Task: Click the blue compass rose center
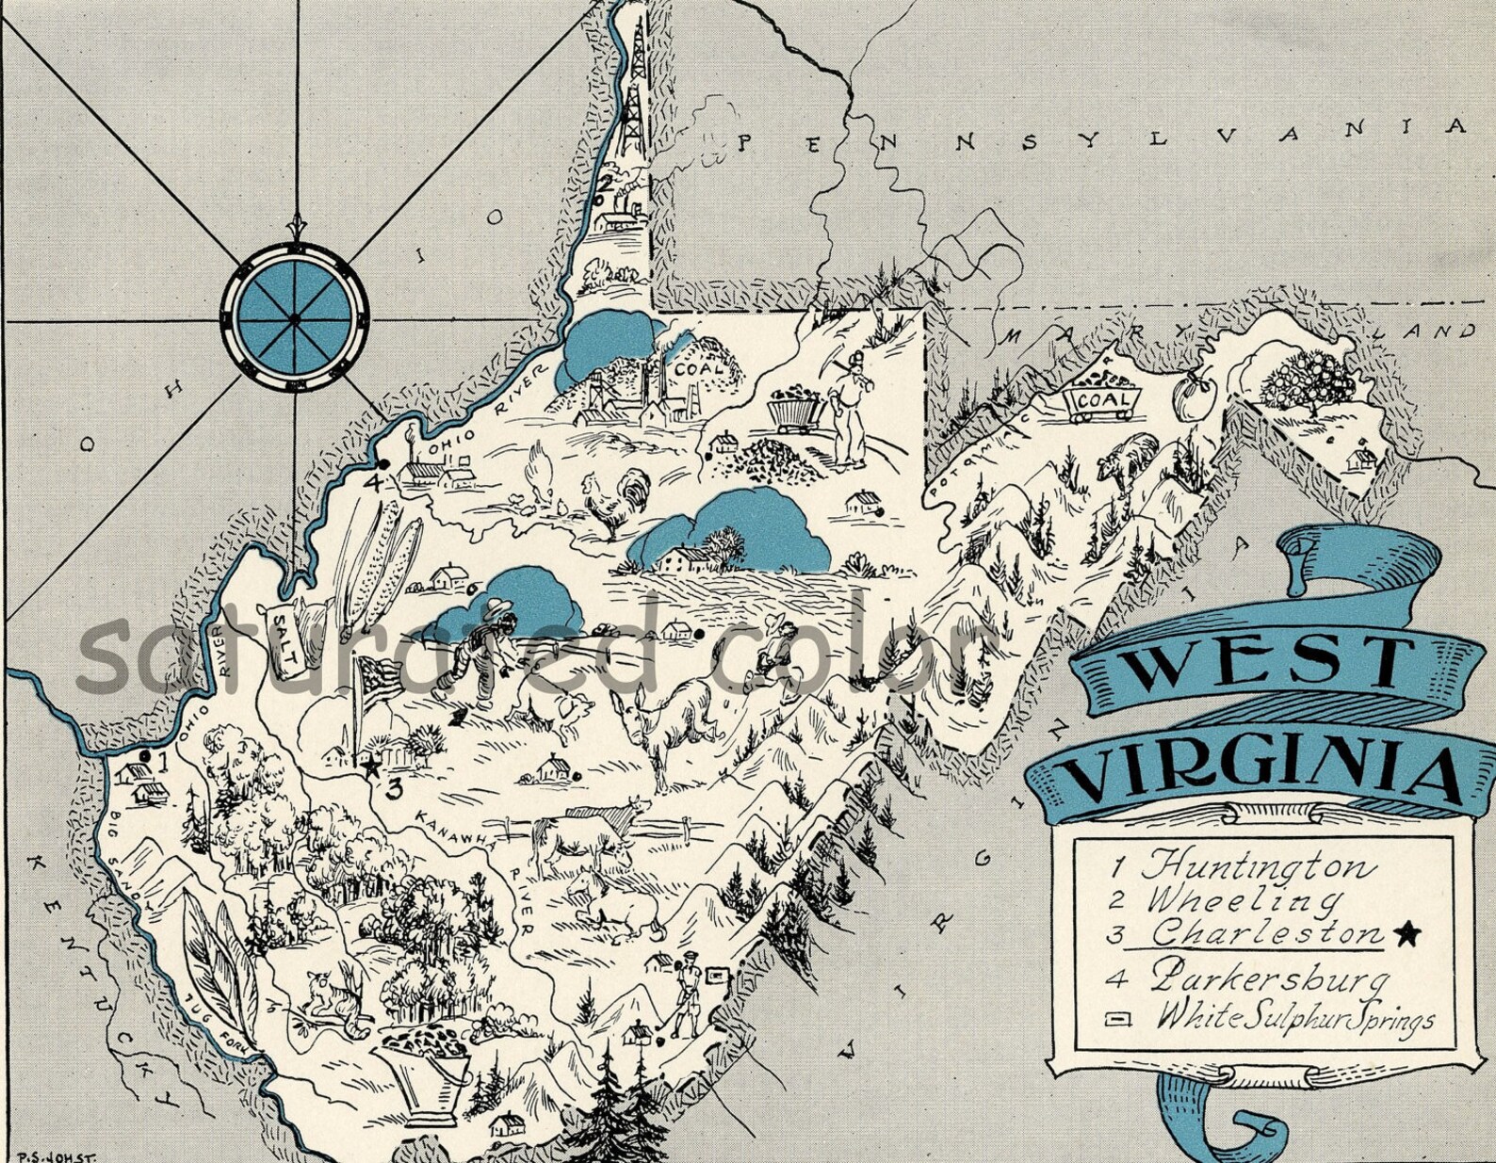click(295, 319)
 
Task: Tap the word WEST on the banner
click(1267, 665)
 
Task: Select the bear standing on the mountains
click(1130, 460)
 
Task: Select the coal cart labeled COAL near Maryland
click(1102, 399)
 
